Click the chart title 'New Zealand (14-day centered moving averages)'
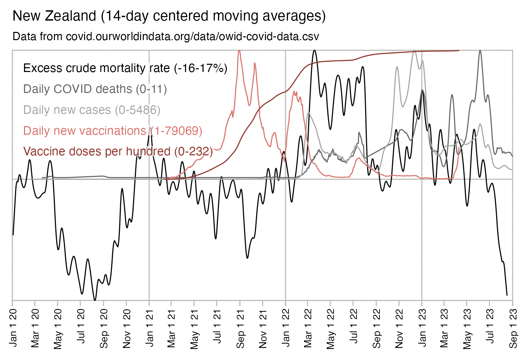click(x=169, y=16)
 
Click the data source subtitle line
click(x=166, y=36)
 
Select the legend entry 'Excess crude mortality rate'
click(x=125, y=68)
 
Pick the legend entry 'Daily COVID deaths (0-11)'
click(x=95, y=89)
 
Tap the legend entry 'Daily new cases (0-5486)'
click(x=92, y=110)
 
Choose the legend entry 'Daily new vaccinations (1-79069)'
click(x=113, y=131)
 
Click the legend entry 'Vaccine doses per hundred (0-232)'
click(x=118, y=152)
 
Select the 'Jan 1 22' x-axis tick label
click(x=285, y=328)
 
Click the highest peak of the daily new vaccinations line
click(x=239, y=51)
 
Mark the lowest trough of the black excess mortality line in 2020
click(x=95, y=300)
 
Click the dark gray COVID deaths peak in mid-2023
click(x=480, y=51)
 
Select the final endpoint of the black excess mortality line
click(x=507, y=295)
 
